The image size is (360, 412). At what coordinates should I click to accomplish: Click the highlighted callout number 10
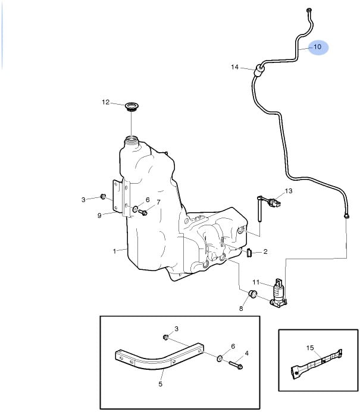[317, 46]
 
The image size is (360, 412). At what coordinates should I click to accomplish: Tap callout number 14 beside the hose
[235, 67]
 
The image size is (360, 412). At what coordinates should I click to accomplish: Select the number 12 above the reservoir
[106, 102]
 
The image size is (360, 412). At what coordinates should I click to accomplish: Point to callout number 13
[289, 191]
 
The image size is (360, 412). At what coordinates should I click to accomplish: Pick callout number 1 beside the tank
[114, 251]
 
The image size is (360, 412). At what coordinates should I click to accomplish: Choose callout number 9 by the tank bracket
[99, 215]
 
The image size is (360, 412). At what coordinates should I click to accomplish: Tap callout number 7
[159, 202]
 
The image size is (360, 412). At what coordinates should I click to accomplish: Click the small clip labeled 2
[249, 253]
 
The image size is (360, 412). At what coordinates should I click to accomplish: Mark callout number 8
[242, 308]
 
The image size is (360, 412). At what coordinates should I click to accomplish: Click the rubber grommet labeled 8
[252, 294]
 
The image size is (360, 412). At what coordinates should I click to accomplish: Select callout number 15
[309, 347]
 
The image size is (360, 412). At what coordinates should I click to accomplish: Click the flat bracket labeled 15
[315, 363]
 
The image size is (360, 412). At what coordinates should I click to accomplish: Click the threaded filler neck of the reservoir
[131, 142]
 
